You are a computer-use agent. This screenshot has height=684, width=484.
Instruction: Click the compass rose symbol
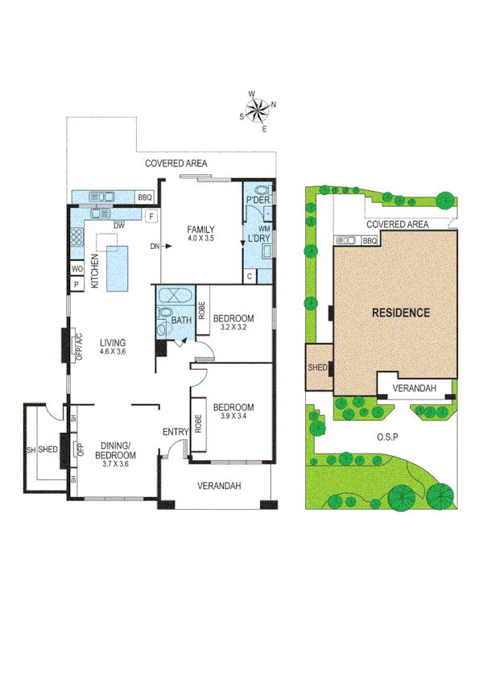pos(259,110)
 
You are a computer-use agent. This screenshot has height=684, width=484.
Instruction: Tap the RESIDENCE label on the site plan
pos(400,313)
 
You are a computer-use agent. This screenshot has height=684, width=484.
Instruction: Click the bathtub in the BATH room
pos(173,295)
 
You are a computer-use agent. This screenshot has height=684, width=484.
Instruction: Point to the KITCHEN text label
pos(95,271)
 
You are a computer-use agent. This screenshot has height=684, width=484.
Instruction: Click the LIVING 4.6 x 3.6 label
pos(113,346)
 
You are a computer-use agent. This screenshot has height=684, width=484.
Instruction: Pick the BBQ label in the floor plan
pos(144,197)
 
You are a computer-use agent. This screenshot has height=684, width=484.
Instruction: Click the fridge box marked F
pos(151,216)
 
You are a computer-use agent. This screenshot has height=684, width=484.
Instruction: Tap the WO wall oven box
pos(77,268)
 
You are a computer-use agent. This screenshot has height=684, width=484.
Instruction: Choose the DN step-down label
pos(153,247)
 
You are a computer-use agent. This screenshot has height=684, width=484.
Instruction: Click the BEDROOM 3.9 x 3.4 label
pos(234,412)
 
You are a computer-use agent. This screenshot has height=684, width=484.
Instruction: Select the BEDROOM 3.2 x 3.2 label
pos(234,322)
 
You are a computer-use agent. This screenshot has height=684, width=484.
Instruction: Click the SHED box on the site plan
pos(316,367)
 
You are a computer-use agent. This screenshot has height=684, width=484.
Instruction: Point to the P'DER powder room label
pos(257,200)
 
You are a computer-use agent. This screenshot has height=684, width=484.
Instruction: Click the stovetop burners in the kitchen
pos(77,238)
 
